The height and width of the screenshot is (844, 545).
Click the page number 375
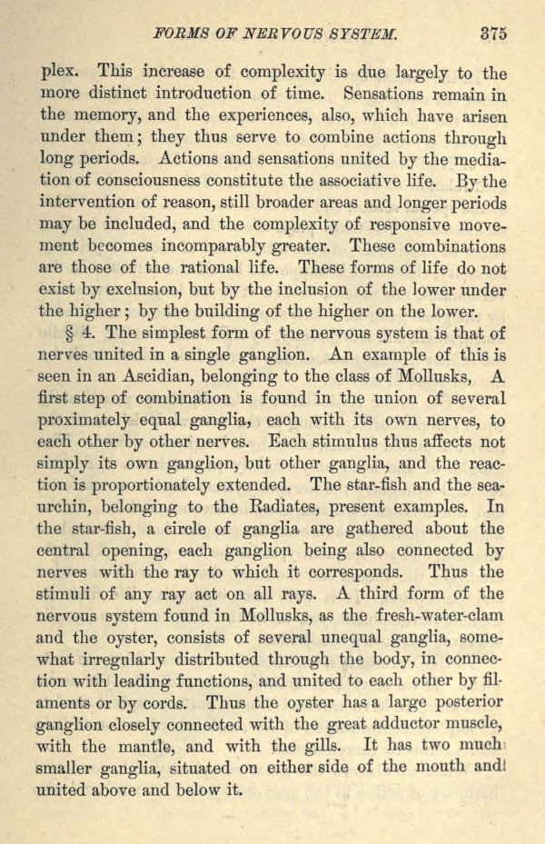493,34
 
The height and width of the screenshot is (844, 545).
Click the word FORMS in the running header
183,35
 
